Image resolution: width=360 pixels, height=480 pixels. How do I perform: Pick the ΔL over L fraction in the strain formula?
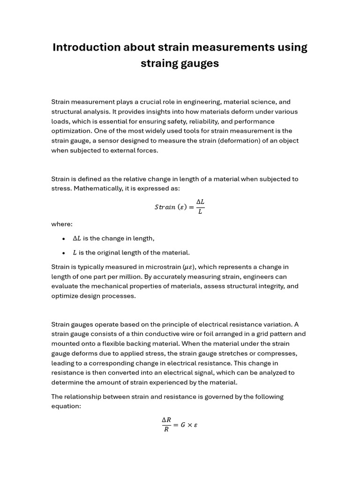point(200,206)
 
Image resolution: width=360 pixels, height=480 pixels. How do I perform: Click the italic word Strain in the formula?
point(165,207)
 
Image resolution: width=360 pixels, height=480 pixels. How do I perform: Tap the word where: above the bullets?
point(62,224)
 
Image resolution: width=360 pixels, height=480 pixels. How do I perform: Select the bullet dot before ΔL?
point(63,239)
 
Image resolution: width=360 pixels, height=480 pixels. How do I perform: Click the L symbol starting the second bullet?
point(75,253)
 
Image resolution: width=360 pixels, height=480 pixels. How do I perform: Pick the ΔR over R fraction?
point(166,425)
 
